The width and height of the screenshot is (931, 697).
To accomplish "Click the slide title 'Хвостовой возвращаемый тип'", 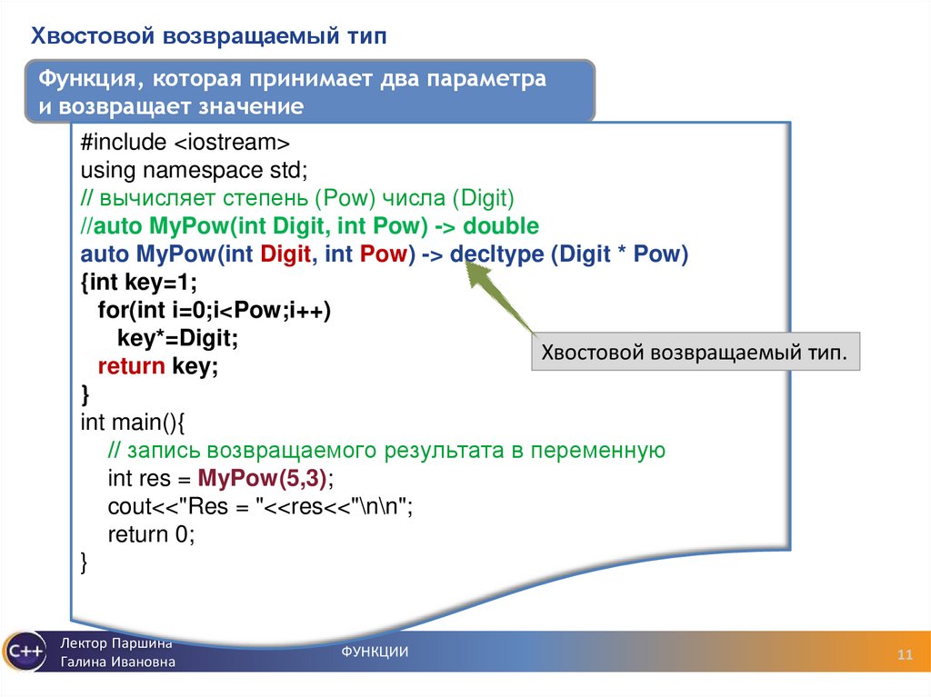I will click(209, 36).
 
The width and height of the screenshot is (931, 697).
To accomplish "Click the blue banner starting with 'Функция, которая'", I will click(309, 92).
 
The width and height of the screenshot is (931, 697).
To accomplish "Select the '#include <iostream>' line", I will click(185, 142).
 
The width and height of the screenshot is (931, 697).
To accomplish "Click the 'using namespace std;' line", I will click(194, 170).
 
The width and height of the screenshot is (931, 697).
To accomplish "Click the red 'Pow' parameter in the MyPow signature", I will click(382, 254).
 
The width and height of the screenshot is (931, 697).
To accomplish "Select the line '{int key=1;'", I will click(138, 283).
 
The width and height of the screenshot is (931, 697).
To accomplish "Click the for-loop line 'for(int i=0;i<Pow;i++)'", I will click(215, 311).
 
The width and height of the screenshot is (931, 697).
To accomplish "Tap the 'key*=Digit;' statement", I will click(177, 339).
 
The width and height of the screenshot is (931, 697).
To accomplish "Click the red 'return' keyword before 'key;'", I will click(131, 367).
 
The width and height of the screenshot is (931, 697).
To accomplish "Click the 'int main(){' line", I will click(133, 423).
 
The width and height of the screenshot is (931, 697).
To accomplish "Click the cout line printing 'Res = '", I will click(260, 507).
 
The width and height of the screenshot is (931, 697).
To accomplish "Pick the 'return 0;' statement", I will click(152, 535).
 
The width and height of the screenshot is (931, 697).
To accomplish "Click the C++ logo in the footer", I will click(23, 652).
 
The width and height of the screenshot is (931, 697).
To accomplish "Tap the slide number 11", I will click(905, 656).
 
